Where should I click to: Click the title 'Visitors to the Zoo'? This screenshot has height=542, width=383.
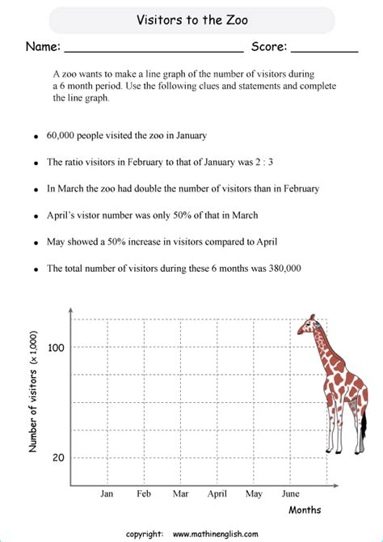pos(191,20)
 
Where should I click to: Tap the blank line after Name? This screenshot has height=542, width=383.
pos(153,50)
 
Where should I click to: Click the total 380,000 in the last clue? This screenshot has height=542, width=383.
pos(277,268)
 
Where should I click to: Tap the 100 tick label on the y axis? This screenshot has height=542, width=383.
pos(57,347)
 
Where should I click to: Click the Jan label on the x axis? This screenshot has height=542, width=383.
pos(107,493)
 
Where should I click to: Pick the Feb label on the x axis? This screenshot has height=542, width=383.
pos(144,493)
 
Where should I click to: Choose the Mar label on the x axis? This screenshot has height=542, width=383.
pos(180,493)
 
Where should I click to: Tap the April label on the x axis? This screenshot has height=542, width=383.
pos(217,493)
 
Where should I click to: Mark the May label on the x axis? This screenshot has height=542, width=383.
pos(254,493)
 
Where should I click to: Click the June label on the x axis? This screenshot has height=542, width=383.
pos(290,493)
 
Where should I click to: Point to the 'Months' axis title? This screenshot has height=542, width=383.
pos(305,510)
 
